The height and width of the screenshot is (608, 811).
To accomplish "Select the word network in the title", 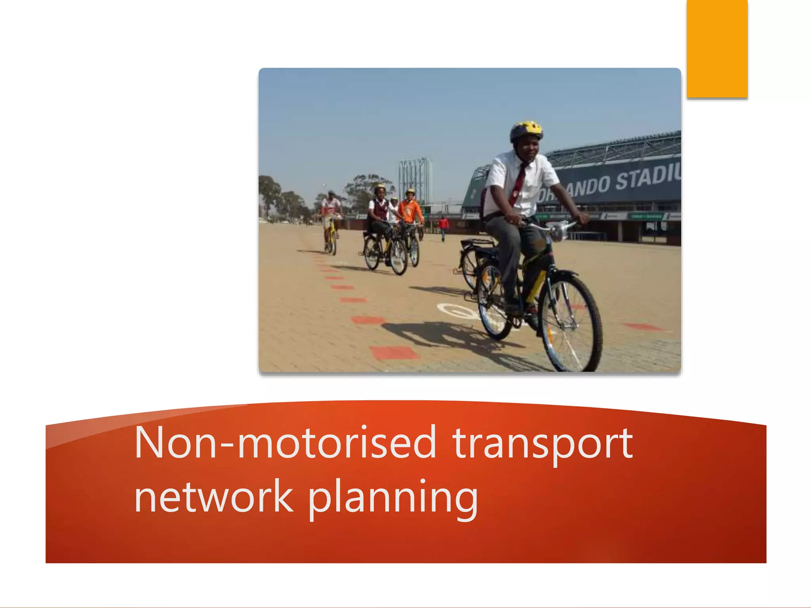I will tap(214, 497).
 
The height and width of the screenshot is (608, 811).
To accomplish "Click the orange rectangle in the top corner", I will tap(717, 48).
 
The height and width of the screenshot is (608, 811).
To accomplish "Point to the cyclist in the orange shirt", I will tap(410, 210).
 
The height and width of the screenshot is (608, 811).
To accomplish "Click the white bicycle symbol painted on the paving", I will tap(455, 311).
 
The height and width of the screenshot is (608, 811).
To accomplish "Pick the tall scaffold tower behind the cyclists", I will tap(415, 182).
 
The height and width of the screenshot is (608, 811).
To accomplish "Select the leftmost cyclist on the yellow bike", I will tap(331, 220).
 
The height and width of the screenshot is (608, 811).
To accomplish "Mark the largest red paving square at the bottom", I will tap(394, 352).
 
